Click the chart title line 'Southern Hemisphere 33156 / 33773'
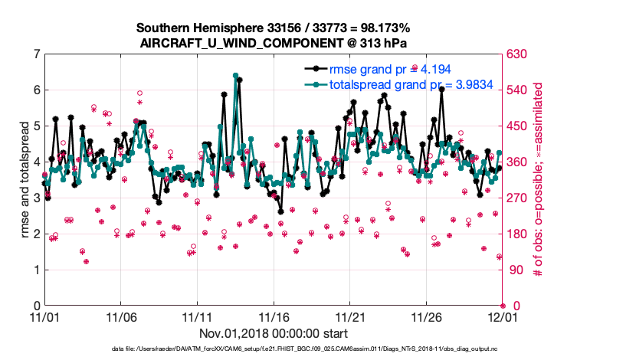[x=274, y=28]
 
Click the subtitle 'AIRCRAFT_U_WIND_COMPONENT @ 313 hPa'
[x=274, y=43]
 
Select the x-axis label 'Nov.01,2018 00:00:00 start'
[x=274, y=333]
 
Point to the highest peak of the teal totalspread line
[x=236, y=75]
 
